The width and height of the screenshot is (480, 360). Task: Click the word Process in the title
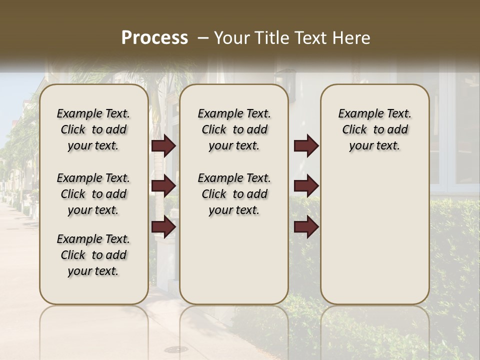(x=154, y=37)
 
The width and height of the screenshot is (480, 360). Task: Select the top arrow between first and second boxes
(x=163, y=146)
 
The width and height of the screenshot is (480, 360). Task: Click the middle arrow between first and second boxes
(x=163, y=186)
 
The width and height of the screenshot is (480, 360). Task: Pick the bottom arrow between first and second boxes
(x=163, y=227)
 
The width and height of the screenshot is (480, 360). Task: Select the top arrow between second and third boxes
(x=306, y=146)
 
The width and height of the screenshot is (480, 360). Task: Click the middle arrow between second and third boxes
(x=306, y=186)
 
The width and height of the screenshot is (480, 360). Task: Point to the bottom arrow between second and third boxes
(x=306, y=227)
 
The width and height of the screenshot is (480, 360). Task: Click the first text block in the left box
(x=93, y=129)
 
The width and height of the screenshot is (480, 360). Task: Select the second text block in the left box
(x=93, y=194)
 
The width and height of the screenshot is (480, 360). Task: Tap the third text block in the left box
(x=93, y=255)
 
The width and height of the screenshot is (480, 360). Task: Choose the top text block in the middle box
(x=234, y=129)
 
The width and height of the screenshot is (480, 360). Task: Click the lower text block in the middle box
(x=234, y=194)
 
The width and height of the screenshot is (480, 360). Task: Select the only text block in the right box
(x=375, y=129)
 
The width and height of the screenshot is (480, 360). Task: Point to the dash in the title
(x=202, y=37)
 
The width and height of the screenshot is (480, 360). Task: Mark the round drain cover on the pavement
(x=178, y=348)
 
